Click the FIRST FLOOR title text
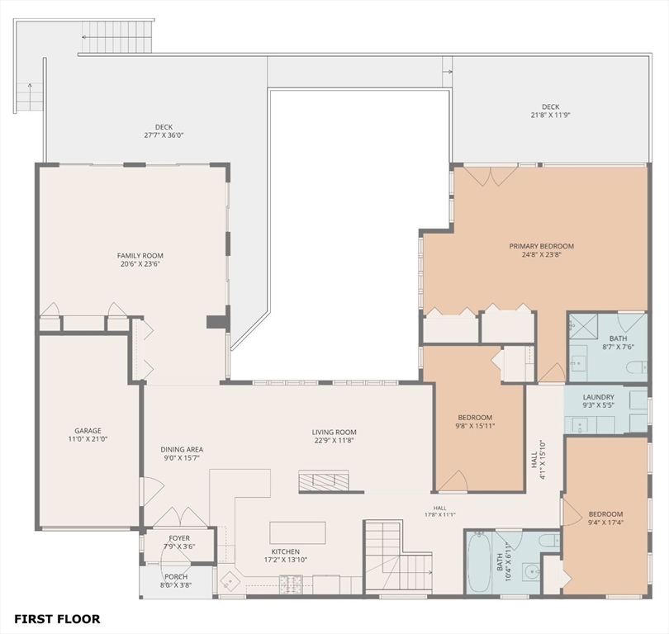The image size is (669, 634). tap(57, 618)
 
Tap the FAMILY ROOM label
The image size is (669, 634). tap(140, 256)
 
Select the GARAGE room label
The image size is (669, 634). tap(88, 431)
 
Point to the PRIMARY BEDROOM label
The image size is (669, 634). tap(542, 246)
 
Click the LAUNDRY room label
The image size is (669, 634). tap(599, 397)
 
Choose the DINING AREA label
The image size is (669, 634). tap(182, 449)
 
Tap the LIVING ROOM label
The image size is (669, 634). tap(334, 433)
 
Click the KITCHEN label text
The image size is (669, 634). tap(286, 551)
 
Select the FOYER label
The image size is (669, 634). tap(179, 538)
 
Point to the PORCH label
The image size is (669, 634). tap(176, 577)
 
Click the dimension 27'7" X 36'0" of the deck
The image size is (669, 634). tap(164, 135)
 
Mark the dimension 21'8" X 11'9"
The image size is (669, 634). tap(550, 115)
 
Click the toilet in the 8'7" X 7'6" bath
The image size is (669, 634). tap(637, 367)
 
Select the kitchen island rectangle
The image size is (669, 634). tap(297, 532)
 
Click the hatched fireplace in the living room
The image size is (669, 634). tap(324, 481)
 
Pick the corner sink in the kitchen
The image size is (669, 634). tap(230, 580)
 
